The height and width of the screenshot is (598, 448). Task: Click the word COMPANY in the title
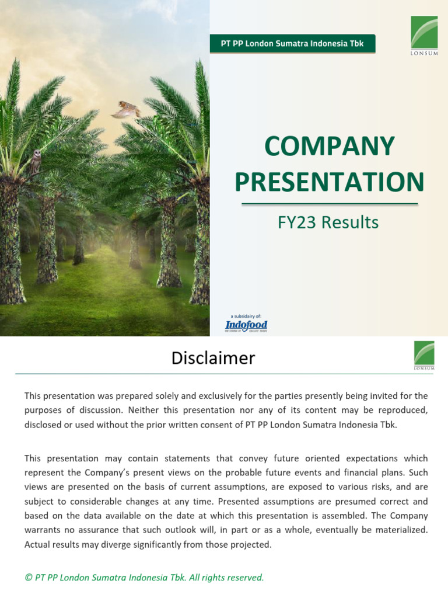tap(330, 146)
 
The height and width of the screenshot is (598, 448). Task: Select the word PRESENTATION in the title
tap(330, 182)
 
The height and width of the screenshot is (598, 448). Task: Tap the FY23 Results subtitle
tap(329, 222)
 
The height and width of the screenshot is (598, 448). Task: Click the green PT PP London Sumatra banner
tap(292, 44)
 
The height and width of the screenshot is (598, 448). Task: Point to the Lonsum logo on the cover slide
tap(424, 36)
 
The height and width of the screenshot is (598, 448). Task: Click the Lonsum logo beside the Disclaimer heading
tap(424, 356)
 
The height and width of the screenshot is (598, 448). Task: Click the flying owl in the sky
tap(126, 110)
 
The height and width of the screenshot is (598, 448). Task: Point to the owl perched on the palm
tap(36, 161)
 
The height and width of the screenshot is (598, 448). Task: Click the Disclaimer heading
tap(213, 358)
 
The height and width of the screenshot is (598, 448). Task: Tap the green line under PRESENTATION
tap(330, 204)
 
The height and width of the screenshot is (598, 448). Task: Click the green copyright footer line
tap(144, 578)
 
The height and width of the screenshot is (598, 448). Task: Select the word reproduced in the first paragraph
tap(401, 410)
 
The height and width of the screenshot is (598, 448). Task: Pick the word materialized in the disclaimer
tap(400, 530)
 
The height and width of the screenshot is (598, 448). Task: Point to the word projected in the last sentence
tap(252, 545)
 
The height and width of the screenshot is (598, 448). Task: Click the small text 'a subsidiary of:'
tap(246, 316)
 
